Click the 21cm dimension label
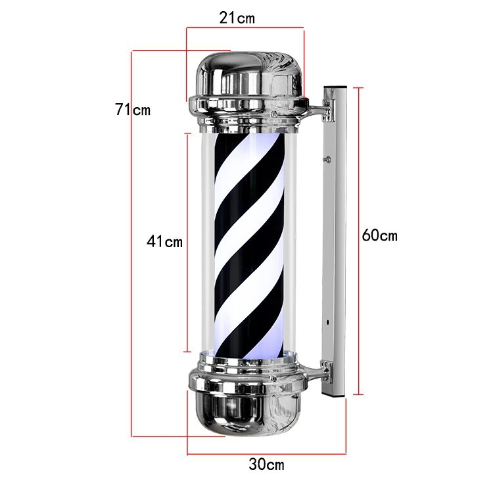pyautogui.click(x=237, y=18)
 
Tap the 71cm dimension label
pyautogui.click(x=133, y=110)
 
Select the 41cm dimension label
pyautogui.click(x=164, y=241)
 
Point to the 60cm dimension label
pyautogui.click(x=379, y=235)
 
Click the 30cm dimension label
pyautogui.click(x=266, y=464)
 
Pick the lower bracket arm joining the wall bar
pyautogui.click(x=316, y=373)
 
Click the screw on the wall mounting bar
pyautogui.click(x=328, y=160)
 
